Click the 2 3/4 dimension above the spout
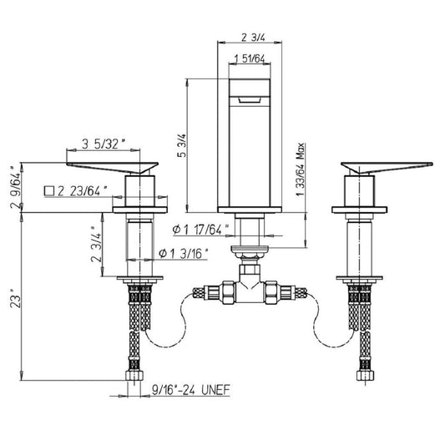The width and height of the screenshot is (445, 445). tap(253, 38)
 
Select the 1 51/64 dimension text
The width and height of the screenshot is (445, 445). tap(250, 58)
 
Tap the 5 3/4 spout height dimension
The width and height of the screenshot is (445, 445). tap(182, 145)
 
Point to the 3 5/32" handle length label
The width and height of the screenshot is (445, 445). tap(104, 144)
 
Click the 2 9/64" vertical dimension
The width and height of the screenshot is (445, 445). tap(16, 187)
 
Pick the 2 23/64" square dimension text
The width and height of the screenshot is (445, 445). tap(83, 191)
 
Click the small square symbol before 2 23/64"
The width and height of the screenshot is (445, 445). tap(49, 191)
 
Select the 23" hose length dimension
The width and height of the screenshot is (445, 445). tap(16, 298)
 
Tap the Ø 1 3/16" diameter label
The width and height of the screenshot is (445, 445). tap(184, 253)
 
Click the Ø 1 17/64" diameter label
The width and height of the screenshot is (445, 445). tap(200, 230)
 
